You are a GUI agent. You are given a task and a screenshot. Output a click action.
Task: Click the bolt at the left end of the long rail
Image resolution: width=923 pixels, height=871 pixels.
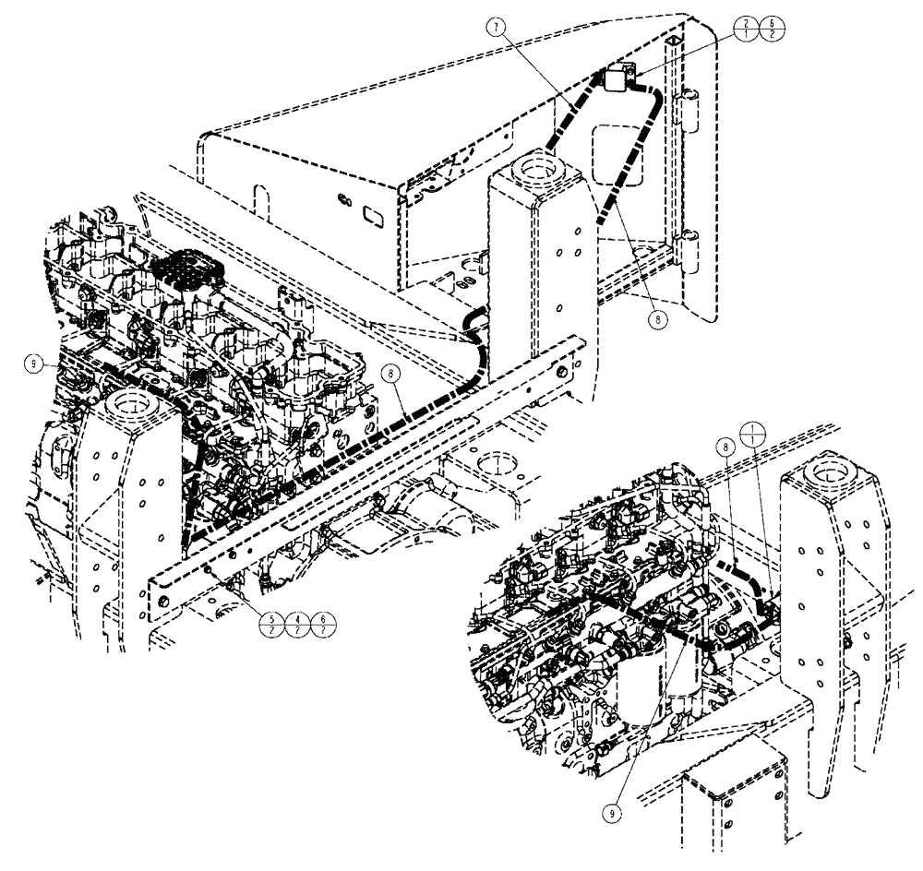(x=163, y=602)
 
